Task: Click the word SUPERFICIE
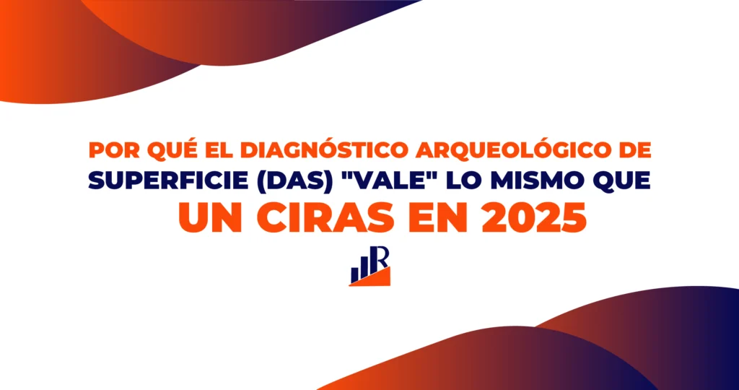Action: (x=163, y=181)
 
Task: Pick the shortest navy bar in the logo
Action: (x=354, y=275)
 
